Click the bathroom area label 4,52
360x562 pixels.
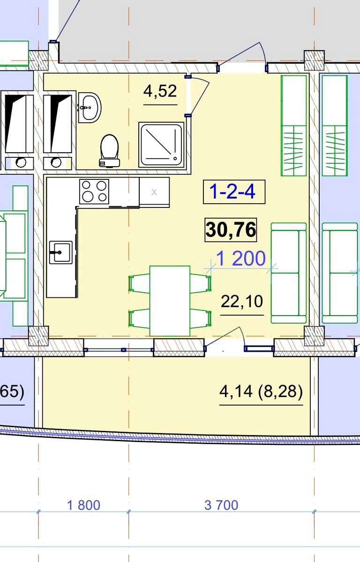pos(160,91)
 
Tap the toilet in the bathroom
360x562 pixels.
pos(110,151)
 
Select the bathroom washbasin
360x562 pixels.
pos(90,108)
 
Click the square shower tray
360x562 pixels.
pos(161,145)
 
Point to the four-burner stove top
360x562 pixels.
pos(94,192)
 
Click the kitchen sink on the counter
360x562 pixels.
pos(61,252)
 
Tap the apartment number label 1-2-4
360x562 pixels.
pos(232,192)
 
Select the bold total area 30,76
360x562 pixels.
pos(231,230)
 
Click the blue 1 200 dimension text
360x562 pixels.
pos(240,259)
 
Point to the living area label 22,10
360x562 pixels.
pos(242,302)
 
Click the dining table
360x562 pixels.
pos(170,301)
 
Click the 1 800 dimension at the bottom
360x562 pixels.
pos(83,505)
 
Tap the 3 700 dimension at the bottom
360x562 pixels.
pos(221,505)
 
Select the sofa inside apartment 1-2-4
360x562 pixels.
pos(289,273)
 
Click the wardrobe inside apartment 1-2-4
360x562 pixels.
pos(293,126)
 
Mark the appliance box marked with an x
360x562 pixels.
pos(154,192)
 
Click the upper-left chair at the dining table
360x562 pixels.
pos(139,283)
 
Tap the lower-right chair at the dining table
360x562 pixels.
pos(201,318)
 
